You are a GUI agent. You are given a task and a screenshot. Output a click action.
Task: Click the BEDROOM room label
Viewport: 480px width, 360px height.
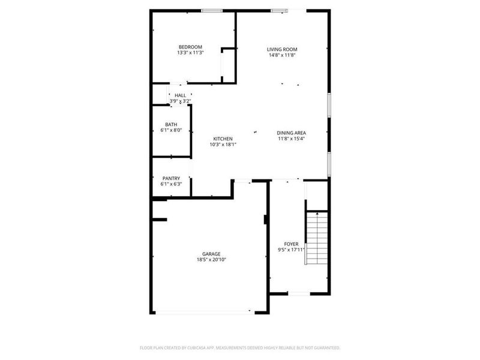coord(190,47)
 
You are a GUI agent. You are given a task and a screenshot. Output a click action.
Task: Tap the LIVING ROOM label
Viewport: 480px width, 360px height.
coord(282,49)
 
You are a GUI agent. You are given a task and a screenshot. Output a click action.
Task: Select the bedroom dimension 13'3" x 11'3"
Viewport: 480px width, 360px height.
coord(190,53)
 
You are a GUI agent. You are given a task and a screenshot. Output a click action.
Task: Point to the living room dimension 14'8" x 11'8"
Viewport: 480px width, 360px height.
coord(282,55)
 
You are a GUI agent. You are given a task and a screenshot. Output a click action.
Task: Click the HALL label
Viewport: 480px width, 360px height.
coord(180,95)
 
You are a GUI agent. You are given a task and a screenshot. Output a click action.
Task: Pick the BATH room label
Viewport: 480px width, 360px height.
coord(172,124)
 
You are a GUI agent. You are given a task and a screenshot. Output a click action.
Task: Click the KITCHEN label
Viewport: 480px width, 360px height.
coord(223,139)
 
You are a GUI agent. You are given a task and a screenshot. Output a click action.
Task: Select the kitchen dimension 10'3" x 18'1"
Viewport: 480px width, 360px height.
coord(223,145)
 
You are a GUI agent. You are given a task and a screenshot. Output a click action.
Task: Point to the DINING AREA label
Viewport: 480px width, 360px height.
coord(292,133)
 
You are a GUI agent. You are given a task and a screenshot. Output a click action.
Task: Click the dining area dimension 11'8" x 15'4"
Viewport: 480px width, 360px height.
coord(292,139)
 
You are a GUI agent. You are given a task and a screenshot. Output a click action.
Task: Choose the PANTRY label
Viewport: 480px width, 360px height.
coord(172,178)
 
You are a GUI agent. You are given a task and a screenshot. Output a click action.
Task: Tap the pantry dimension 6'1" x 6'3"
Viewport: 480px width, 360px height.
coord(172,184)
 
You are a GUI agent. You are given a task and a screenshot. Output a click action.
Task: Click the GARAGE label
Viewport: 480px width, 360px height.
coord(211,254)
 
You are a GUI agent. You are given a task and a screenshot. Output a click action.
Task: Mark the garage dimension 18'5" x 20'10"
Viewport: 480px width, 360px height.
coord(211,260)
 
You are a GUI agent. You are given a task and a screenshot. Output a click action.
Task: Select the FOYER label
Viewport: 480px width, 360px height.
coord(291,244)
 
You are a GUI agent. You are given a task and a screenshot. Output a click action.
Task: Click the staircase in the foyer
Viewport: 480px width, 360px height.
coord(317,238)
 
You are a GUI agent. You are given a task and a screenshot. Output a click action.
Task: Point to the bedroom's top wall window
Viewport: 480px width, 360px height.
coord(212,10)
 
